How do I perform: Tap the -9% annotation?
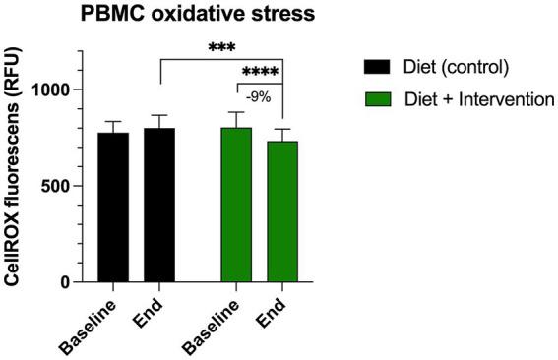(259, 96)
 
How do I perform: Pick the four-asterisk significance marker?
(260, 72)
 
